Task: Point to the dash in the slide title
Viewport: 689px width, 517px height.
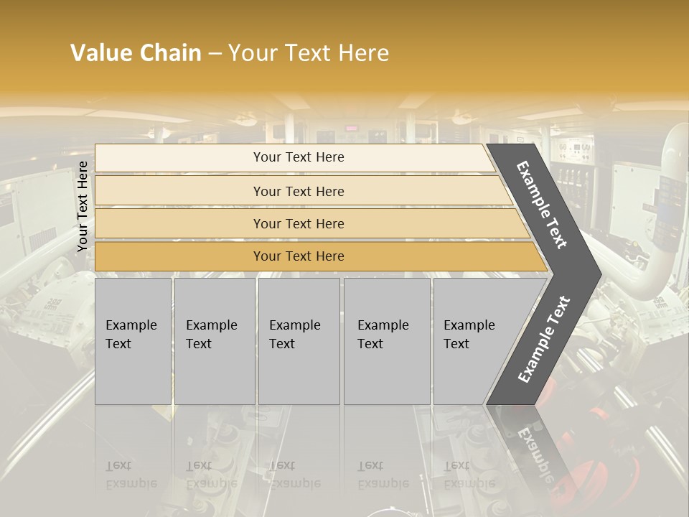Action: [215, 54]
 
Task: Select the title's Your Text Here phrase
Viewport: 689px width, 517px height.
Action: [309, 53]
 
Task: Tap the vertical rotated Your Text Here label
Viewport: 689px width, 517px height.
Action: [83, 207]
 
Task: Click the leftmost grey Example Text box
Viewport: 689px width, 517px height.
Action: [133, 341]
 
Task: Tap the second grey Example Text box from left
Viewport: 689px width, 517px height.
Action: [215, 341]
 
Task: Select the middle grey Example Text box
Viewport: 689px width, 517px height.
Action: [299, 341]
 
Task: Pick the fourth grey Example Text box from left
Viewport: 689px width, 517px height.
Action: [387, 341]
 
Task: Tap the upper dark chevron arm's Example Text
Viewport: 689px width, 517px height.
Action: [543, 205]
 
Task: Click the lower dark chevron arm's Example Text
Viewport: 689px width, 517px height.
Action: [544, 339]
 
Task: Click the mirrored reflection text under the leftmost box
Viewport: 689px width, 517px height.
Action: [131, 475]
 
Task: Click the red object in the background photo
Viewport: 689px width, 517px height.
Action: [610, 438]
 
